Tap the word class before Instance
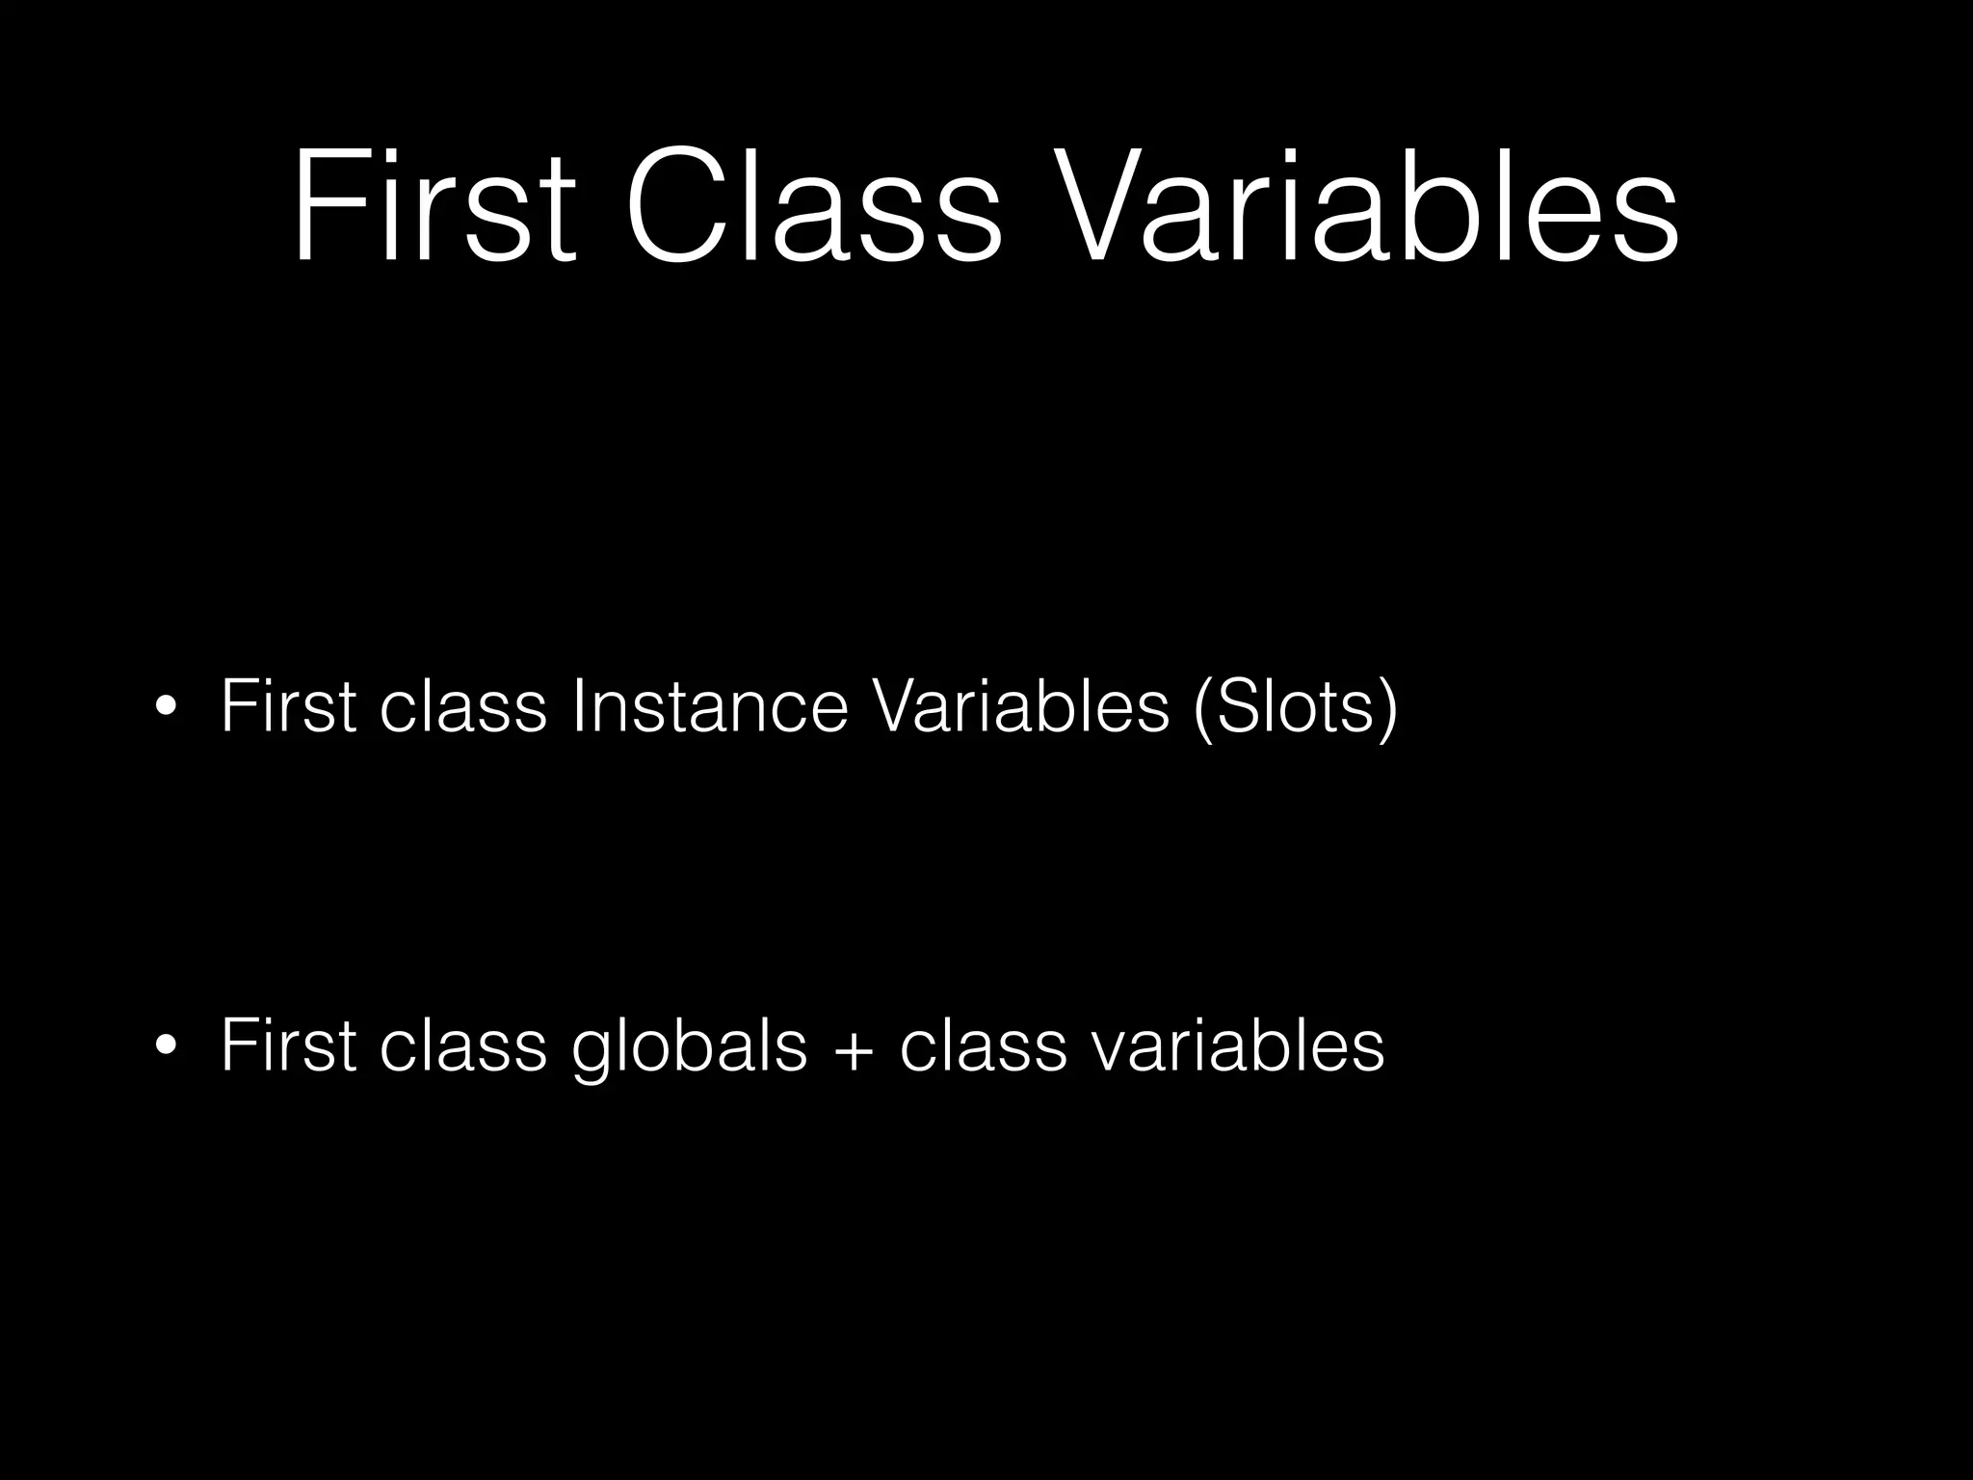point(462,706)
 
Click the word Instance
point(709,706)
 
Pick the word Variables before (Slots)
point(1019,706)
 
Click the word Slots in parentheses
point(1293,706)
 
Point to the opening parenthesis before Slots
point(1201,708)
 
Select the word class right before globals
point(462,1045)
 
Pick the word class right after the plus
point(984,1045)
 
